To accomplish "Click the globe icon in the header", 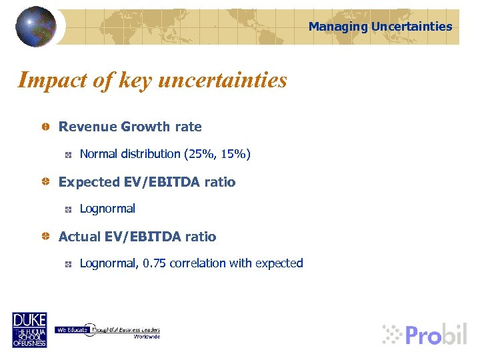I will point(36,26).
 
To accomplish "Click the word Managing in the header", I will point(338,27).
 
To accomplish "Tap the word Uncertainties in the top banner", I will point(411,27).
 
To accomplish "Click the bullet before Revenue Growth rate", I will point(44,127).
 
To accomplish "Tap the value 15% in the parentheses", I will point(232,154).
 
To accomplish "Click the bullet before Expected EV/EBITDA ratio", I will point(44,182).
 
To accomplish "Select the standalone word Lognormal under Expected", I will point(107,209).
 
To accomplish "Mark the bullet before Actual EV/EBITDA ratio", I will point(44,237).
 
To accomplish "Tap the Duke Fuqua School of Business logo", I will point(29,329).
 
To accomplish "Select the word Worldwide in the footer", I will point(146,337).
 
